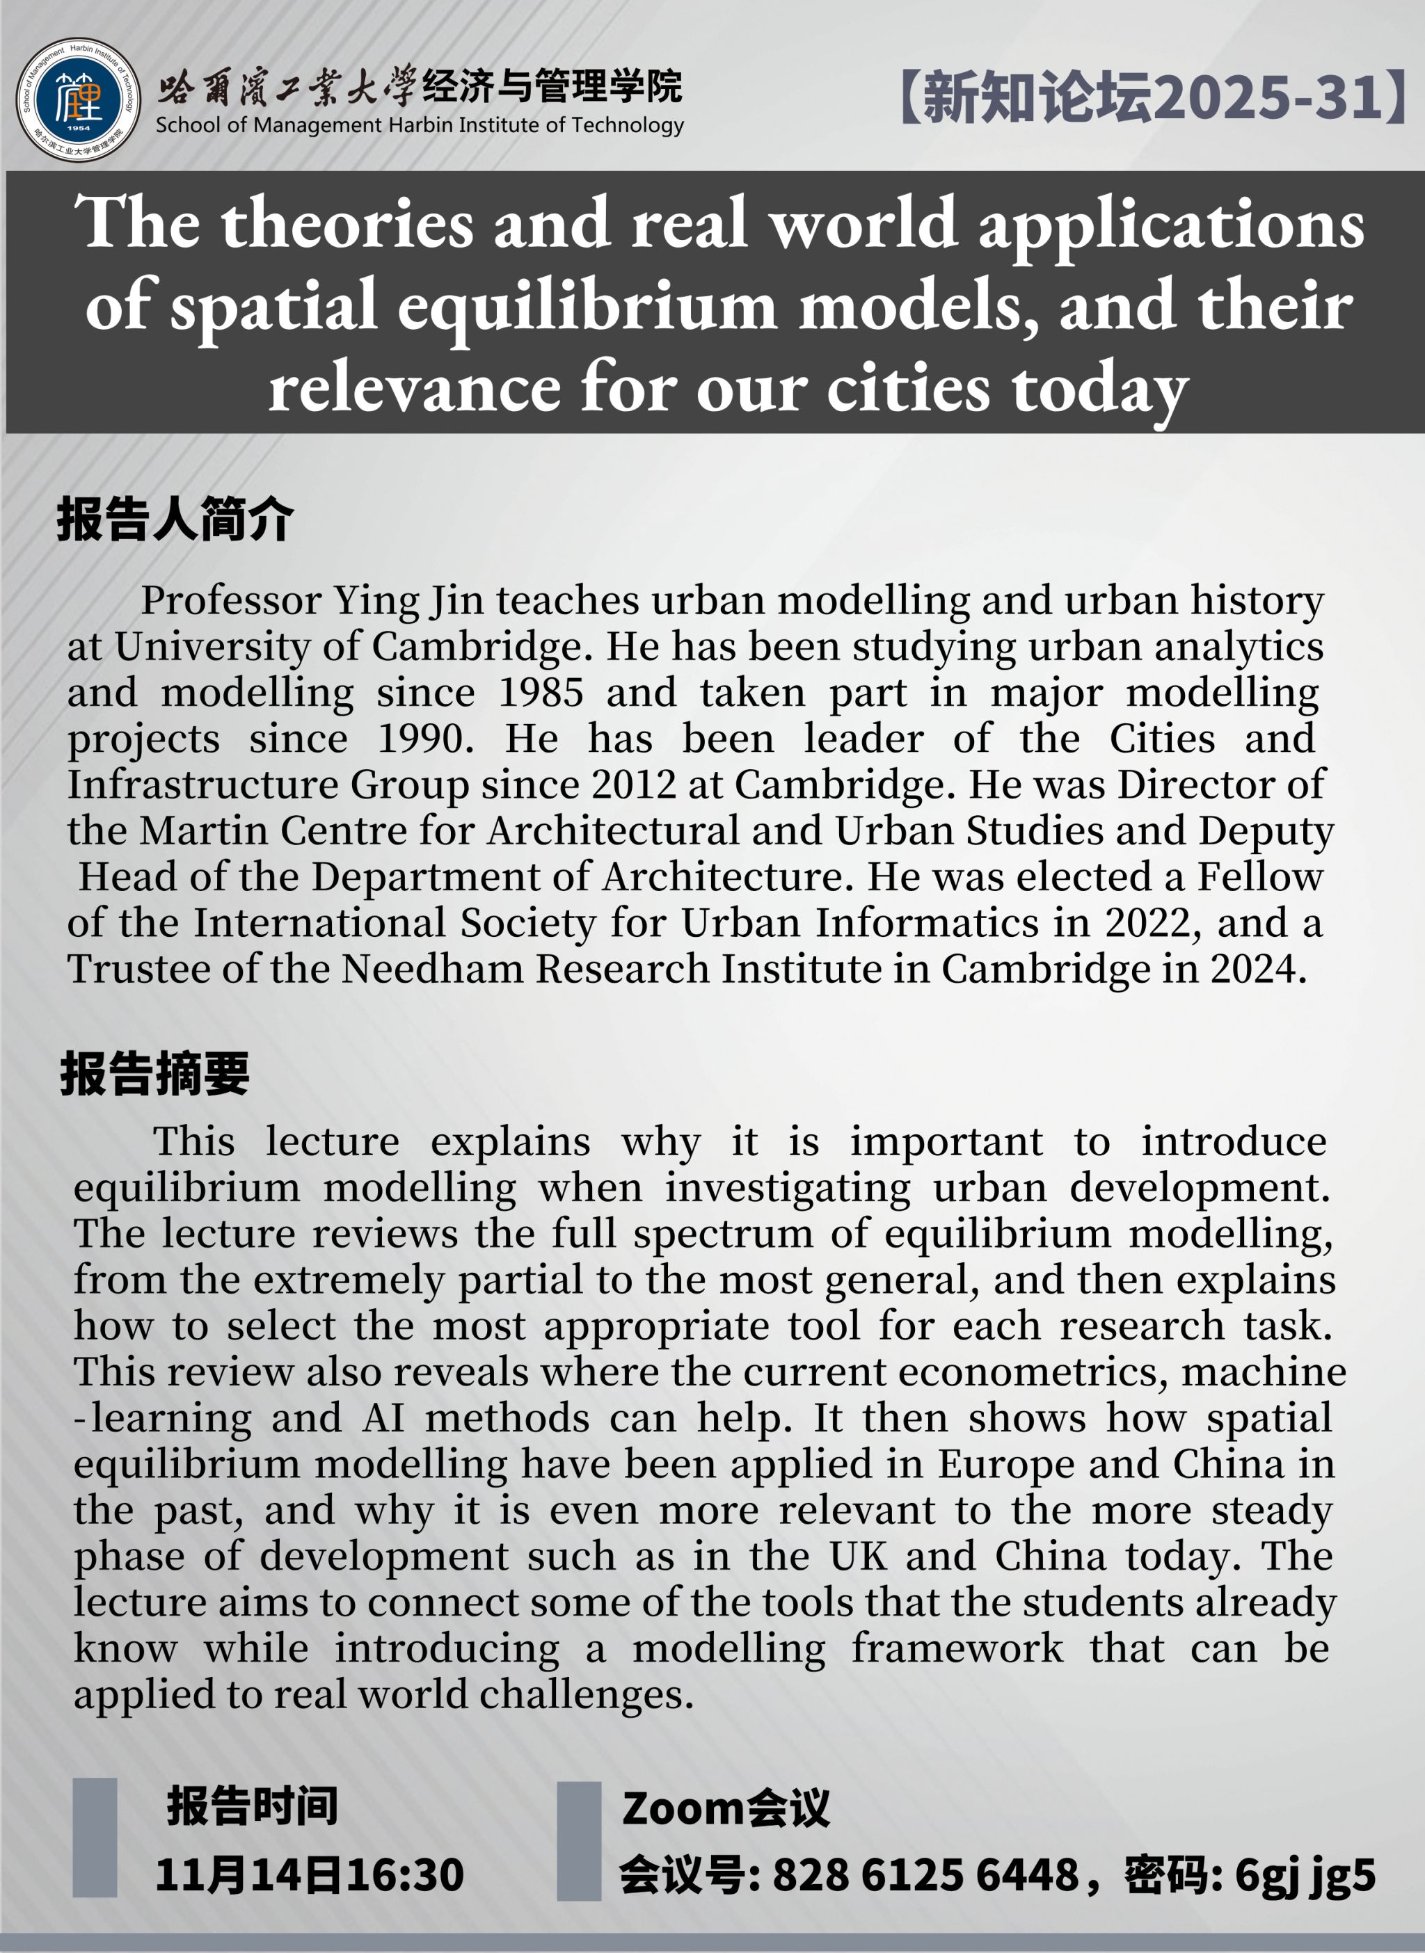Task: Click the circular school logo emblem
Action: (78, 99)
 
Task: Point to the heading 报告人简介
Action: (175, 520)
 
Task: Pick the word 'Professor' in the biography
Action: (231, 601)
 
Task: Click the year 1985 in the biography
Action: (541, 693)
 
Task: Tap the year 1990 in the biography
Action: (425, 739)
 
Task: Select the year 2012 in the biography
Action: (634, 785)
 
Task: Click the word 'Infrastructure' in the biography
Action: (202, 785)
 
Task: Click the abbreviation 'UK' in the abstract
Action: (857, 1557)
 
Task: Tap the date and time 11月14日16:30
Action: (310, 1874)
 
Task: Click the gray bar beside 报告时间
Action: (95, 1837)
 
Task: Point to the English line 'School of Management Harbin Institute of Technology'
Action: (419, 126)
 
